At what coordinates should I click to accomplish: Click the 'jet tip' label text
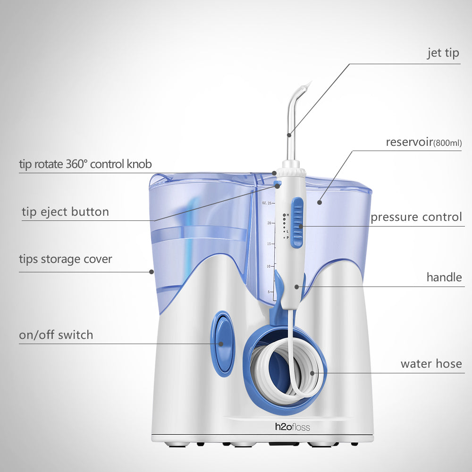443,53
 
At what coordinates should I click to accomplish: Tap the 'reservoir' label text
409,142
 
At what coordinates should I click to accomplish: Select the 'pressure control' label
416,217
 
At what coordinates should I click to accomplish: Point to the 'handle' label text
444,277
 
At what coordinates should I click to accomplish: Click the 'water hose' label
431,364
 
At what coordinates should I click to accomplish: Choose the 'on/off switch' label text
56,335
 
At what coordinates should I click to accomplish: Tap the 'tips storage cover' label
66,259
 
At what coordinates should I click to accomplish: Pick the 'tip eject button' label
65,212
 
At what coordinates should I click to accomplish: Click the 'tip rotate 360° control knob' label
85,164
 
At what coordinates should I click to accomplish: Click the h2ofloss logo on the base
293,427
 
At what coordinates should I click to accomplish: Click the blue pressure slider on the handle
297,222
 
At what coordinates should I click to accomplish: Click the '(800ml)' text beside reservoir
447,143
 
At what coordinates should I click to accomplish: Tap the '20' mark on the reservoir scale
269,223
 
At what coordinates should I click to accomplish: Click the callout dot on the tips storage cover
152,271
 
